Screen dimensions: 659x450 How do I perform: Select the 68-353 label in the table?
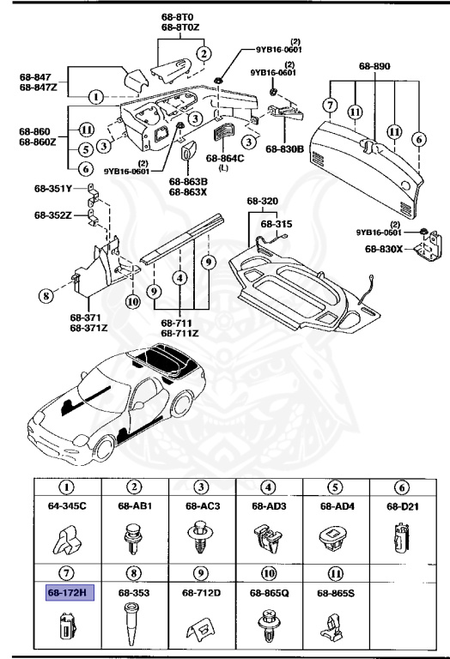click(x=135, y=592)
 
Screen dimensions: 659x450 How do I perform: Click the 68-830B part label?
click(x=285, y=148)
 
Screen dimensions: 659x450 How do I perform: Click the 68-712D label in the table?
click(x=202, y=592)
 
